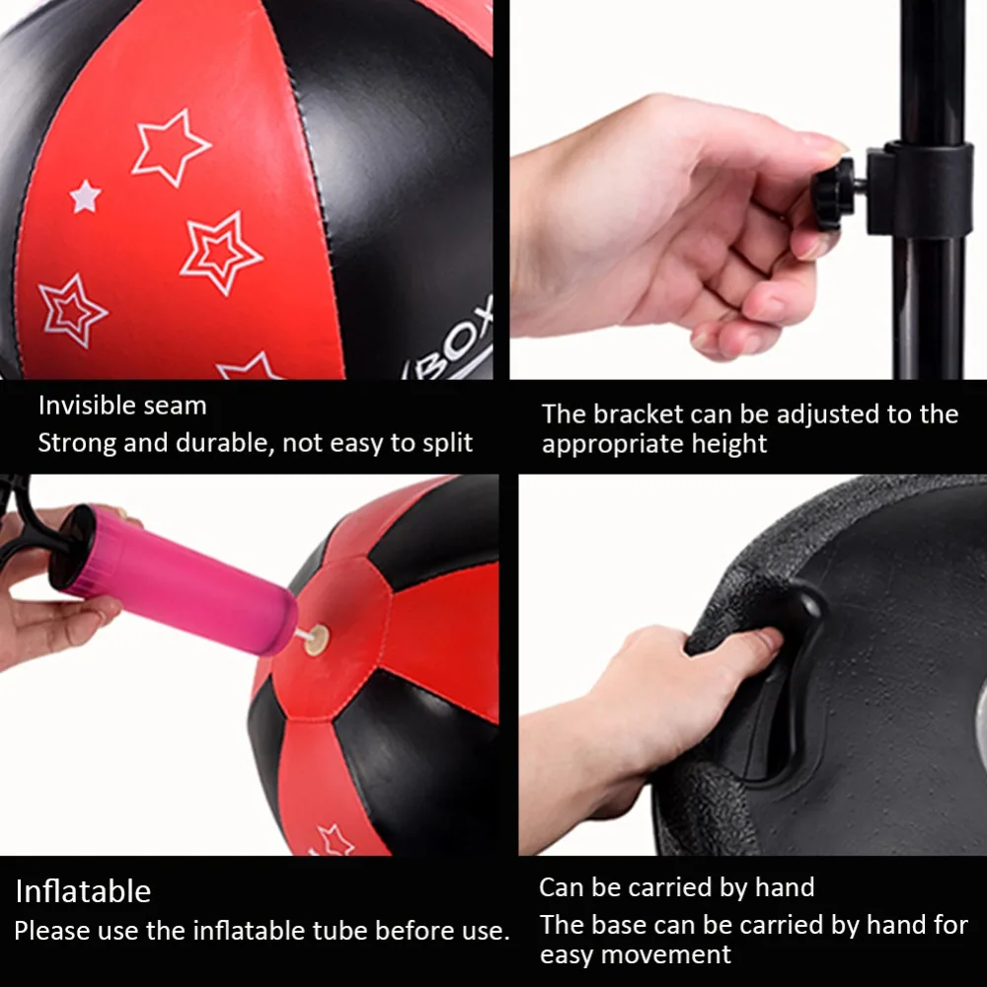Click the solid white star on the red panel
pos(85,195)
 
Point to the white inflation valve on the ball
pos(315,643)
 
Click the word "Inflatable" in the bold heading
pos(83,892)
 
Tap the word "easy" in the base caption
pos(568,955)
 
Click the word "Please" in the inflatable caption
pos(50,931)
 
